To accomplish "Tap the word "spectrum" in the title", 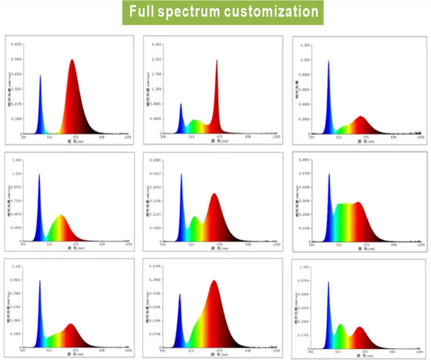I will [x=188, y=11].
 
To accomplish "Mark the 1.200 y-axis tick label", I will [x=305, y=45].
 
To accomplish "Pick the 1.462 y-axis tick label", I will [x=17, y=161].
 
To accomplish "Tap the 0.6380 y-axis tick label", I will [x=155, y=160].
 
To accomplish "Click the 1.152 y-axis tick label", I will [x=17, y=266].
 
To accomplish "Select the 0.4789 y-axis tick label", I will [x=155, y=266].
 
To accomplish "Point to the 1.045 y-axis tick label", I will [x=304, y=267].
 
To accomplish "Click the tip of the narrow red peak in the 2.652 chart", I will [x=216, y=60].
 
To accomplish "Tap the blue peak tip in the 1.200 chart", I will [x=329, y=61].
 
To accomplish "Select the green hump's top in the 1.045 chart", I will [x=340, y=324].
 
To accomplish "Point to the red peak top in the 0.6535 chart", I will [x=72, y=60].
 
